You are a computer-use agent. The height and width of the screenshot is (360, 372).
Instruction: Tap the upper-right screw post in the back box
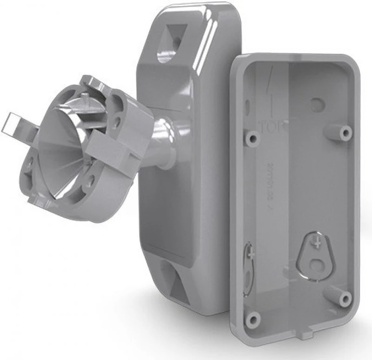tap(345, 132)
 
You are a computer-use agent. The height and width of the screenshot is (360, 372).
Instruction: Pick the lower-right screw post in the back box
tap(345, 298)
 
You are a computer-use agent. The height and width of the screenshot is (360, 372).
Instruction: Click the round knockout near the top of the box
tap(318, 102)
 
